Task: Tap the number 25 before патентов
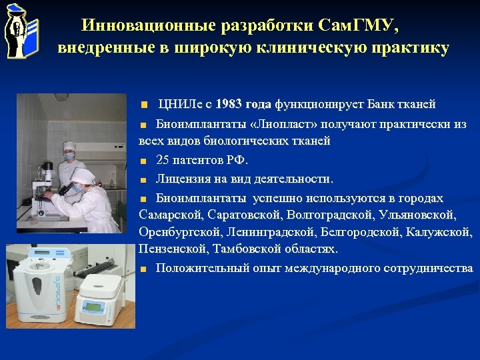(x=163, y=160)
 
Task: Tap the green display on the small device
(x=90, y=307)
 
